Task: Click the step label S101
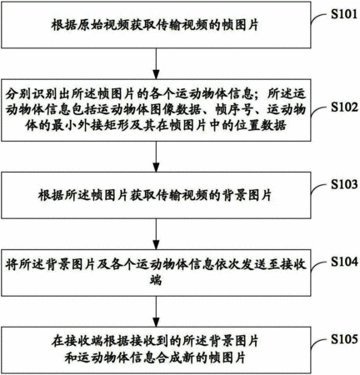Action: [344, 14]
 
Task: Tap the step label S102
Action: [344, 107]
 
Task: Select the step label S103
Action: [344, 184]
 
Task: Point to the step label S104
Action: [344, 262]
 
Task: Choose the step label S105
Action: [344, 339]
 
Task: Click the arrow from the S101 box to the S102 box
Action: [157, 63]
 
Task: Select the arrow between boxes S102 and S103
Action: [157, 157]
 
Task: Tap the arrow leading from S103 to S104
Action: [157, 233]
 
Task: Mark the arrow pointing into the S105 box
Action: [157, 311]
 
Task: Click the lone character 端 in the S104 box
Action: [156, 280]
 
